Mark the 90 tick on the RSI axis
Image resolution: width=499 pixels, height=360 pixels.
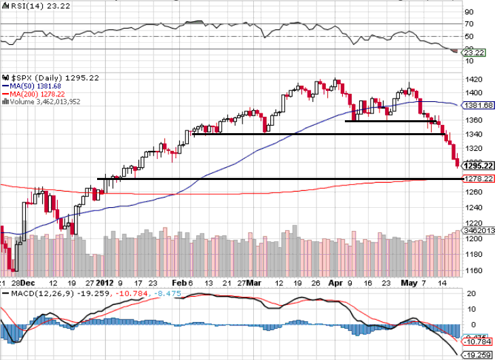point(468,12)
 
